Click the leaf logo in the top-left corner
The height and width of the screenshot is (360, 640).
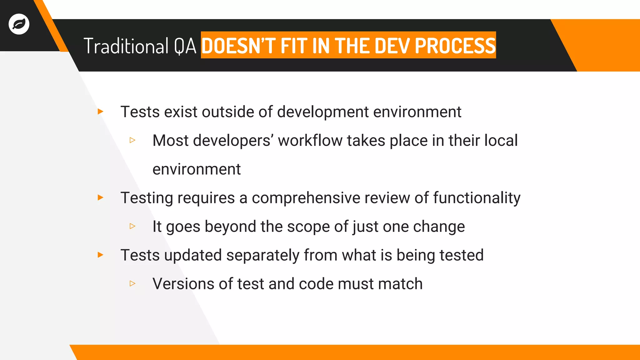tap(19, 24)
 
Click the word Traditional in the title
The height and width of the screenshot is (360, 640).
tap(126, 46)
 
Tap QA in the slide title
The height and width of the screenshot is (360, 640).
tap(185, 46)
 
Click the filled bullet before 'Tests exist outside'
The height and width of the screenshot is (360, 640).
tap(100, 112)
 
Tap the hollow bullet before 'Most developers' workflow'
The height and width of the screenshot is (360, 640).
tap(132, 140)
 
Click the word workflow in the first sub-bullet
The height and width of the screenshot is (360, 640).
tap(310, 141)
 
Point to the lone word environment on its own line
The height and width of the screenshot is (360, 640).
tap(197, 169)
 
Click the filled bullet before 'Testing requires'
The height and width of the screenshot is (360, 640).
tap(100, 197)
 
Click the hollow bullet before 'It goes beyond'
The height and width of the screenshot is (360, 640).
tap(132, 226)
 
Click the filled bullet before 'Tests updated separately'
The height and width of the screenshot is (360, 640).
tap(100, 255)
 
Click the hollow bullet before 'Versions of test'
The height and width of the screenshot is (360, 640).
tap(132, 283)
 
